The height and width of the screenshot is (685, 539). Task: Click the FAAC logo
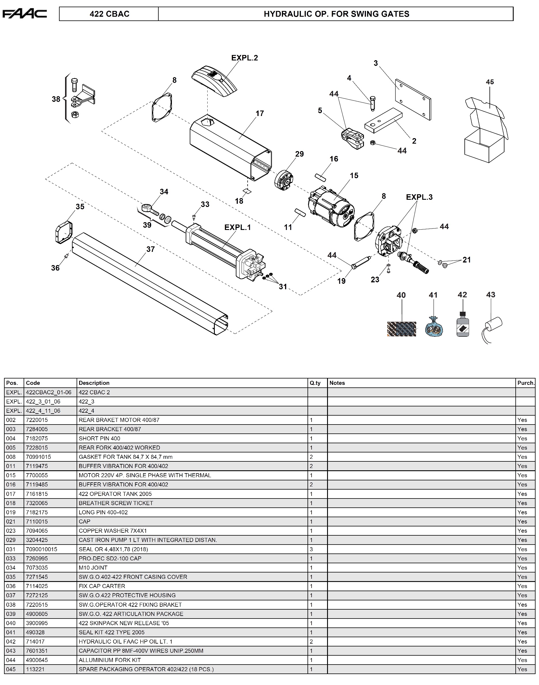(24, 14)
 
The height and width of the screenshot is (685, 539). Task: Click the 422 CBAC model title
(109, 14)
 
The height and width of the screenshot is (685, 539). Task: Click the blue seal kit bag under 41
(434, 328)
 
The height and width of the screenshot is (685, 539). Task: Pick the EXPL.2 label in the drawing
(244, 58)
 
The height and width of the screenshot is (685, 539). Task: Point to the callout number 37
(151, 249)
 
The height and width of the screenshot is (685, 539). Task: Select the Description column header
(94, 383)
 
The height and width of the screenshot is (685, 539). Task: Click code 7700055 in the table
(37, 475)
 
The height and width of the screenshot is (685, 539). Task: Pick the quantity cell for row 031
(312, 549)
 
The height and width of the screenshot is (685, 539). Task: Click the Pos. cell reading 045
(11, 669)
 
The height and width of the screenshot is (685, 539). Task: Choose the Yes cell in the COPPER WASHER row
(522, 531)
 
